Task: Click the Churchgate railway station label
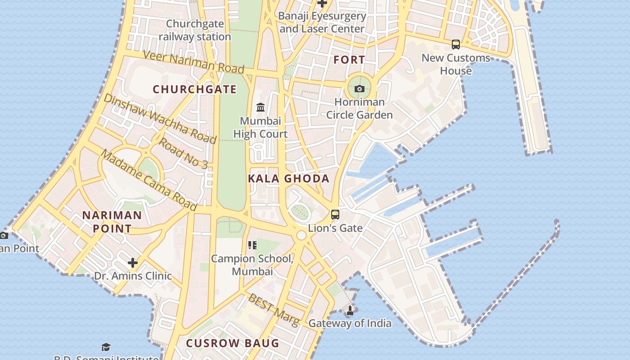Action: (x=195, y=30)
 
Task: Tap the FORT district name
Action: (x=349, y=59)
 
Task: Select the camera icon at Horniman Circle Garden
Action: (x=359, y=89)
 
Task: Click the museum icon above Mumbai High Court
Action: (x=261, y=108)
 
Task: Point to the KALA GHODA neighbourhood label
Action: (x=288, y=179)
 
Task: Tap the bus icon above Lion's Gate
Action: (x=335, y=214)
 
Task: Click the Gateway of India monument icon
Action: (x=350, y=310)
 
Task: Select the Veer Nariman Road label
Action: (x=193, y=62)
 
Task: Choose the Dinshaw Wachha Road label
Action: (x=160, y=118)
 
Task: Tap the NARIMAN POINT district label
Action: (x=112, y=222)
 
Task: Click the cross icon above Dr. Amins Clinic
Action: (x=133, y=262)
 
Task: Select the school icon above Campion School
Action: (x=252, y=245)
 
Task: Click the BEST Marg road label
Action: (x=274, y=310)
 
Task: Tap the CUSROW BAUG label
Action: (x=233, y=343)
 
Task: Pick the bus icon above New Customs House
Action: (x=456, y=45)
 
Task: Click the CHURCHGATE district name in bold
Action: (x=194, y=89)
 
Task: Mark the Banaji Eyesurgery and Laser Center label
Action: (x=322, y=22)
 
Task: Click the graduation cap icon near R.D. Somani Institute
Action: (x=106, y=347)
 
